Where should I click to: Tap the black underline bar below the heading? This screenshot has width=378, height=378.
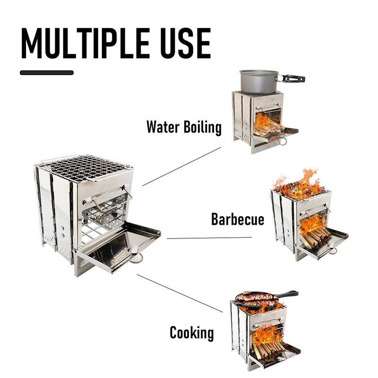pos(47,73)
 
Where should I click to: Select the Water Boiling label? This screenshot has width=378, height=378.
pos(184,127)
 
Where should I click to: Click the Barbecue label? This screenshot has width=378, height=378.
pos(237,219)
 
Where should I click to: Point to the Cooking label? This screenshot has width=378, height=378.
pos(191,333)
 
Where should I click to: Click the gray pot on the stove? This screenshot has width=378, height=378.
pos(258,82)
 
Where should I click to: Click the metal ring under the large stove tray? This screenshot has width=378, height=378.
pos(137,258)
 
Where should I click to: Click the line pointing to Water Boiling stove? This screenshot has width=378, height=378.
pos(182,166)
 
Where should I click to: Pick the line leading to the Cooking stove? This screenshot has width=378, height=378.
pos(180,293)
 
